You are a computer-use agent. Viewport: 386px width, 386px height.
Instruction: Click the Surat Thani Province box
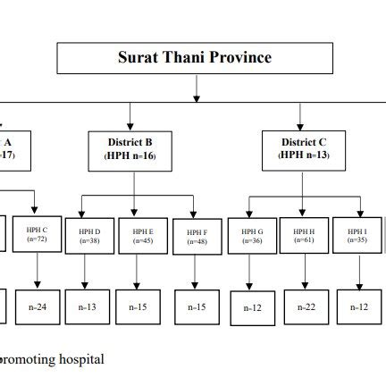(x=195, y=58)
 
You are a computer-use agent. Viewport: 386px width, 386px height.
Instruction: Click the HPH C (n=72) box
(x=37, y=235)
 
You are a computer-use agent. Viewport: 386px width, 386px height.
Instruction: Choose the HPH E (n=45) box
(x=142, y=236)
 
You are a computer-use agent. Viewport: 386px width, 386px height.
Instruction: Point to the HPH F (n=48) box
(x=197, y=238)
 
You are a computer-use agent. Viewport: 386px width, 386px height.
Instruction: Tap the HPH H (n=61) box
(x=304, y=236)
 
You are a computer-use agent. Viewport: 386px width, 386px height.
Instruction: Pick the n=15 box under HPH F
(x=197, y=307)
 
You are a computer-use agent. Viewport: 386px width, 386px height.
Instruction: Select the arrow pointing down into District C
(x=303, y=115)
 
